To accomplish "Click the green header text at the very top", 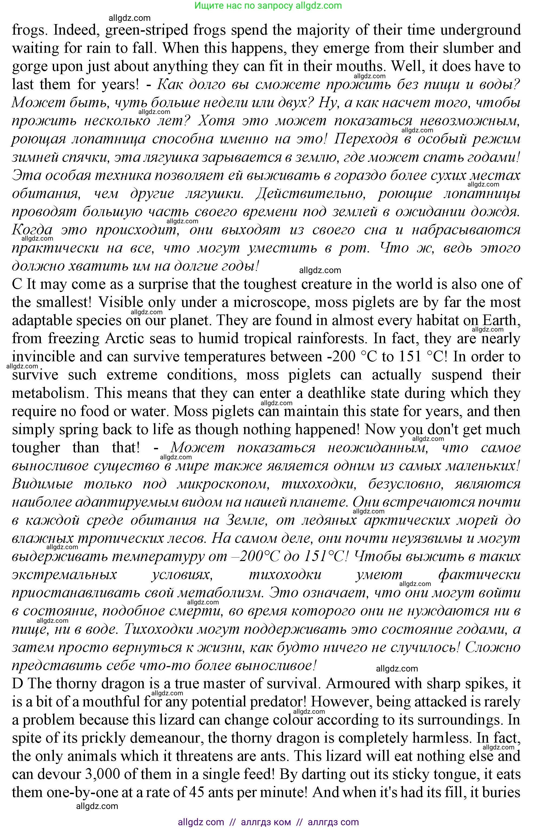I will pyautogui.click(x=268, y=6).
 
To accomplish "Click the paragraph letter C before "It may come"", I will pyautogui.click(x=17, y=284).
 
